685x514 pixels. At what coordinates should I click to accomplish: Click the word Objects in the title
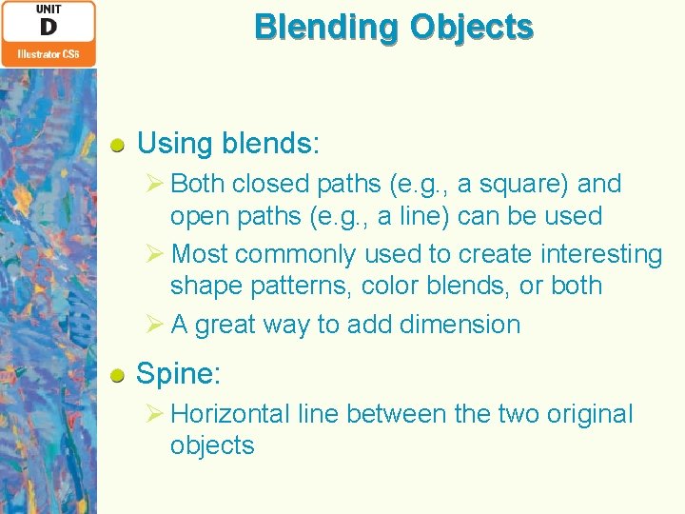472,27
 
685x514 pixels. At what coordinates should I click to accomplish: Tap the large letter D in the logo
48,27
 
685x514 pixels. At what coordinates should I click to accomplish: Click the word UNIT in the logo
48,9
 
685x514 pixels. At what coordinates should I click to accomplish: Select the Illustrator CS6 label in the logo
48,54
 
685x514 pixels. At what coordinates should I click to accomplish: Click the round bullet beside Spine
118,375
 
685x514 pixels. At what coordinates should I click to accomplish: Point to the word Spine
178,374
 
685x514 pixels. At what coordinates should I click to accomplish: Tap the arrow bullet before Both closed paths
157,183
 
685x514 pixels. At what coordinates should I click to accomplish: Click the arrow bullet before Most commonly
157,254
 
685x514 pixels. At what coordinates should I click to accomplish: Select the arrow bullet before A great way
157,325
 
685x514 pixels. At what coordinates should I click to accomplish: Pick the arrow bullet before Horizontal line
157,414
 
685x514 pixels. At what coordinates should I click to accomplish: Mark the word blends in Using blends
270,145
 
